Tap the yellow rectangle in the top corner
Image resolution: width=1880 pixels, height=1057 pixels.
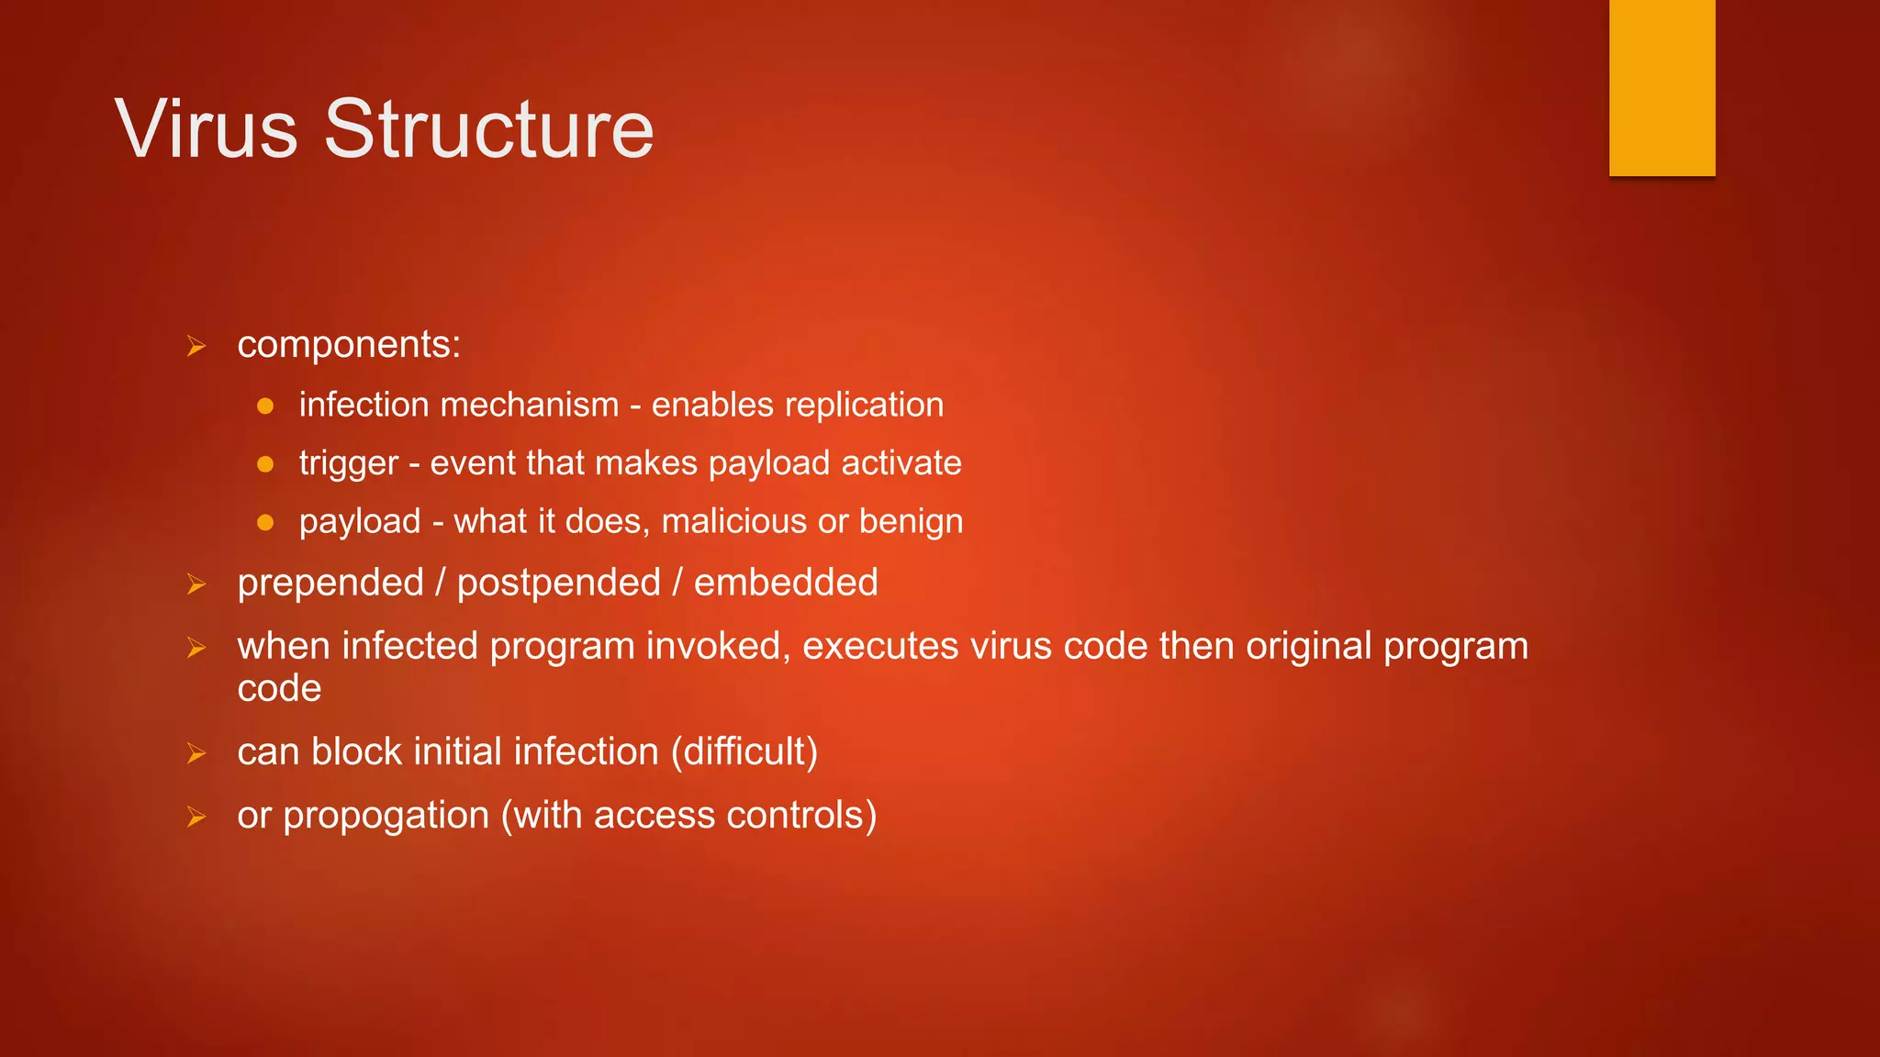pyautogui.click(x=1662, y=87)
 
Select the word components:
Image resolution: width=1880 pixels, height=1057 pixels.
pyautogui.click(x=349, y=345)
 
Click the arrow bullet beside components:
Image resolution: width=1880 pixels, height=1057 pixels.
pyautogui.click(x=196, y=347)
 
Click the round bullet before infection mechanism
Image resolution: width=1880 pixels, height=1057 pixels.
pyautogui.click(x=265, y=406)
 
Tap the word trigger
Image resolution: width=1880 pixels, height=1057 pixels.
pyautogui.click(x=349, y=463)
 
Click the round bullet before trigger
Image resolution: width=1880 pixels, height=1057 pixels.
pyautogui.click(x=265, y=464)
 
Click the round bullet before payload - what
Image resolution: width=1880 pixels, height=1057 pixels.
pyautogui.click(x=265, y=523)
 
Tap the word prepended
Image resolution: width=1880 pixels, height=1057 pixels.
pyautogui.click(x=330, y=584)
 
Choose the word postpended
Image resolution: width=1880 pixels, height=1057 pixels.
pyautogui.click(x=558, y=584)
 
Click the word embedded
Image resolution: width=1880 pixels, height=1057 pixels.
pyautogui.click(x=786, y=583)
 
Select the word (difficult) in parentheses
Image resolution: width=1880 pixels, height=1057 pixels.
pyautogui.click(x=744, y=751)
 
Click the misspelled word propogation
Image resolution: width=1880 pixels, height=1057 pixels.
pyautogui.click(x=386, y=816)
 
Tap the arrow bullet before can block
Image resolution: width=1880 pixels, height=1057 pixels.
pyautogui.click(x=196, y=753)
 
